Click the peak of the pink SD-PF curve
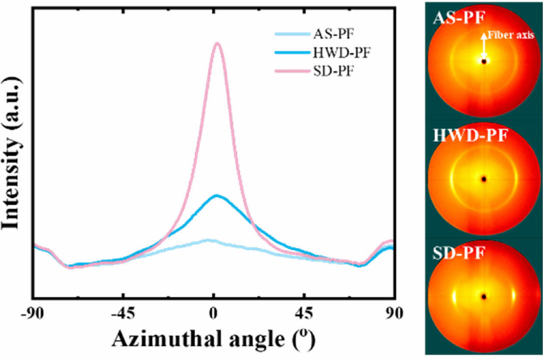click(218, 43)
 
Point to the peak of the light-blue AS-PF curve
click(209, 240)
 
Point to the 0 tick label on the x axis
click(214, 313)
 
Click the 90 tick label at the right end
click(393, 313)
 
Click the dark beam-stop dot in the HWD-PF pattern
click(484, 179)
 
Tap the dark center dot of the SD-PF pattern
click(484, 297)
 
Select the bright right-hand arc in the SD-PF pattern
click(513, 296)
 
